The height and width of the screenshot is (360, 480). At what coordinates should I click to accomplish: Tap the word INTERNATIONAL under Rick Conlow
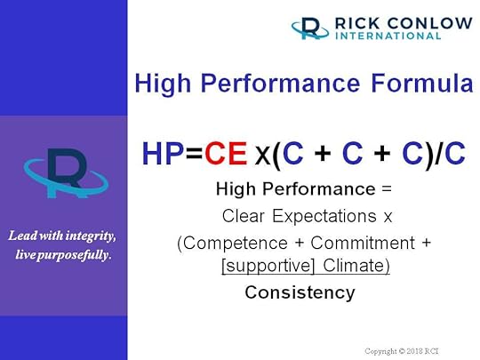[x=387, y=36]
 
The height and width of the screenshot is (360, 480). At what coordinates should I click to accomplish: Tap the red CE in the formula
[x=226, y=154]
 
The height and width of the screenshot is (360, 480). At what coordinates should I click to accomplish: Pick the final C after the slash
[x=454, y=154]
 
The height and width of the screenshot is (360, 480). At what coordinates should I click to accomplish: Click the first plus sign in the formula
[x=323, y=155]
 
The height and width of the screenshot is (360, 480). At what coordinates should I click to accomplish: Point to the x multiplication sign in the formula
[x=262, y=156]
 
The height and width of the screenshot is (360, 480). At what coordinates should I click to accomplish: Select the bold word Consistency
[x=300, y=292]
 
